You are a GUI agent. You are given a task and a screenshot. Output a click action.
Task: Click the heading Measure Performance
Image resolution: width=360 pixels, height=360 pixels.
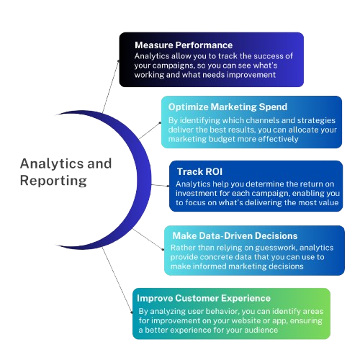click(x=184, y=45)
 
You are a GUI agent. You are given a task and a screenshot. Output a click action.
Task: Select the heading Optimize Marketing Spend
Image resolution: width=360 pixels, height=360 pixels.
click(x=228, y=107)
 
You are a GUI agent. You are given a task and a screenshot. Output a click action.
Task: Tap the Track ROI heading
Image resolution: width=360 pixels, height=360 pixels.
click(x=199, y=171)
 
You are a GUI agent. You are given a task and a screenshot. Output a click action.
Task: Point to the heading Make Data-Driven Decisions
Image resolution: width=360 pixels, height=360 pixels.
click(x=235, y=236)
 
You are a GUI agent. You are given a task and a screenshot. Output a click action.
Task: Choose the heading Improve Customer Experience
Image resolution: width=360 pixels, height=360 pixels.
click(x=204, y=298)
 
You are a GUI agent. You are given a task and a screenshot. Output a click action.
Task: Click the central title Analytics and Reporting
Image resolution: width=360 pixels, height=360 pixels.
click(x=66, y=172)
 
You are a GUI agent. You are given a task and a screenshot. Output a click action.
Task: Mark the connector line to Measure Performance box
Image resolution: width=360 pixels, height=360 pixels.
click(x=110, y=86)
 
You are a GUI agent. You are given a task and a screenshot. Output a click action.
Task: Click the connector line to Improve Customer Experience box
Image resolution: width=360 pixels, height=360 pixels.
click(x=117, y=280)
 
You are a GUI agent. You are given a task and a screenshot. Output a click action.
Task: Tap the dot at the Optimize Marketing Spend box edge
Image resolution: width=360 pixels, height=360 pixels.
click(x=160, y=123)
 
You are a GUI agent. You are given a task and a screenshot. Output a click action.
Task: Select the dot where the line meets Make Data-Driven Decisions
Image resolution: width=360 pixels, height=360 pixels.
click(x=163, y=250)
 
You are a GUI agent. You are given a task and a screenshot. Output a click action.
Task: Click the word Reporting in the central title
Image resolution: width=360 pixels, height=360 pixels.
click(x=53, y=181)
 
